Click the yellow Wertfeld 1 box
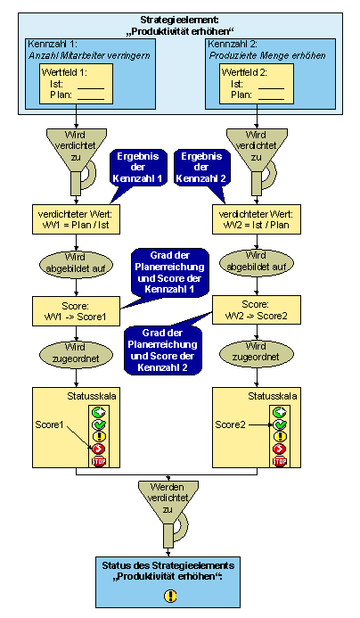77,84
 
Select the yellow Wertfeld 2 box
257,84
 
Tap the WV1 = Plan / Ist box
76,219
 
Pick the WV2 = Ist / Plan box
257,219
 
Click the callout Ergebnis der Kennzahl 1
137,168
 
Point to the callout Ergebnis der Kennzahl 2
200,168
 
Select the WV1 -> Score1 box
76,311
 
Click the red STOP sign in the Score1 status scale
99,461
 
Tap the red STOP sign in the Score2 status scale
280,461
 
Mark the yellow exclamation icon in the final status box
170,596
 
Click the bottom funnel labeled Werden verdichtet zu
168,513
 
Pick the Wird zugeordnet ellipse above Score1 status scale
76,353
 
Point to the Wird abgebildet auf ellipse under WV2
256,261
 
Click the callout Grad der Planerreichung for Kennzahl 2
163,350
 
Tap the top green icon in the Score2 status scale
280,412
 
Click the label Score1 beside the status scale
49,424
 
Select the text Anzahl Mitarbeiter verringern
89,55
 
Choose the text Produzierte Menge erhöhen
267,55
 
